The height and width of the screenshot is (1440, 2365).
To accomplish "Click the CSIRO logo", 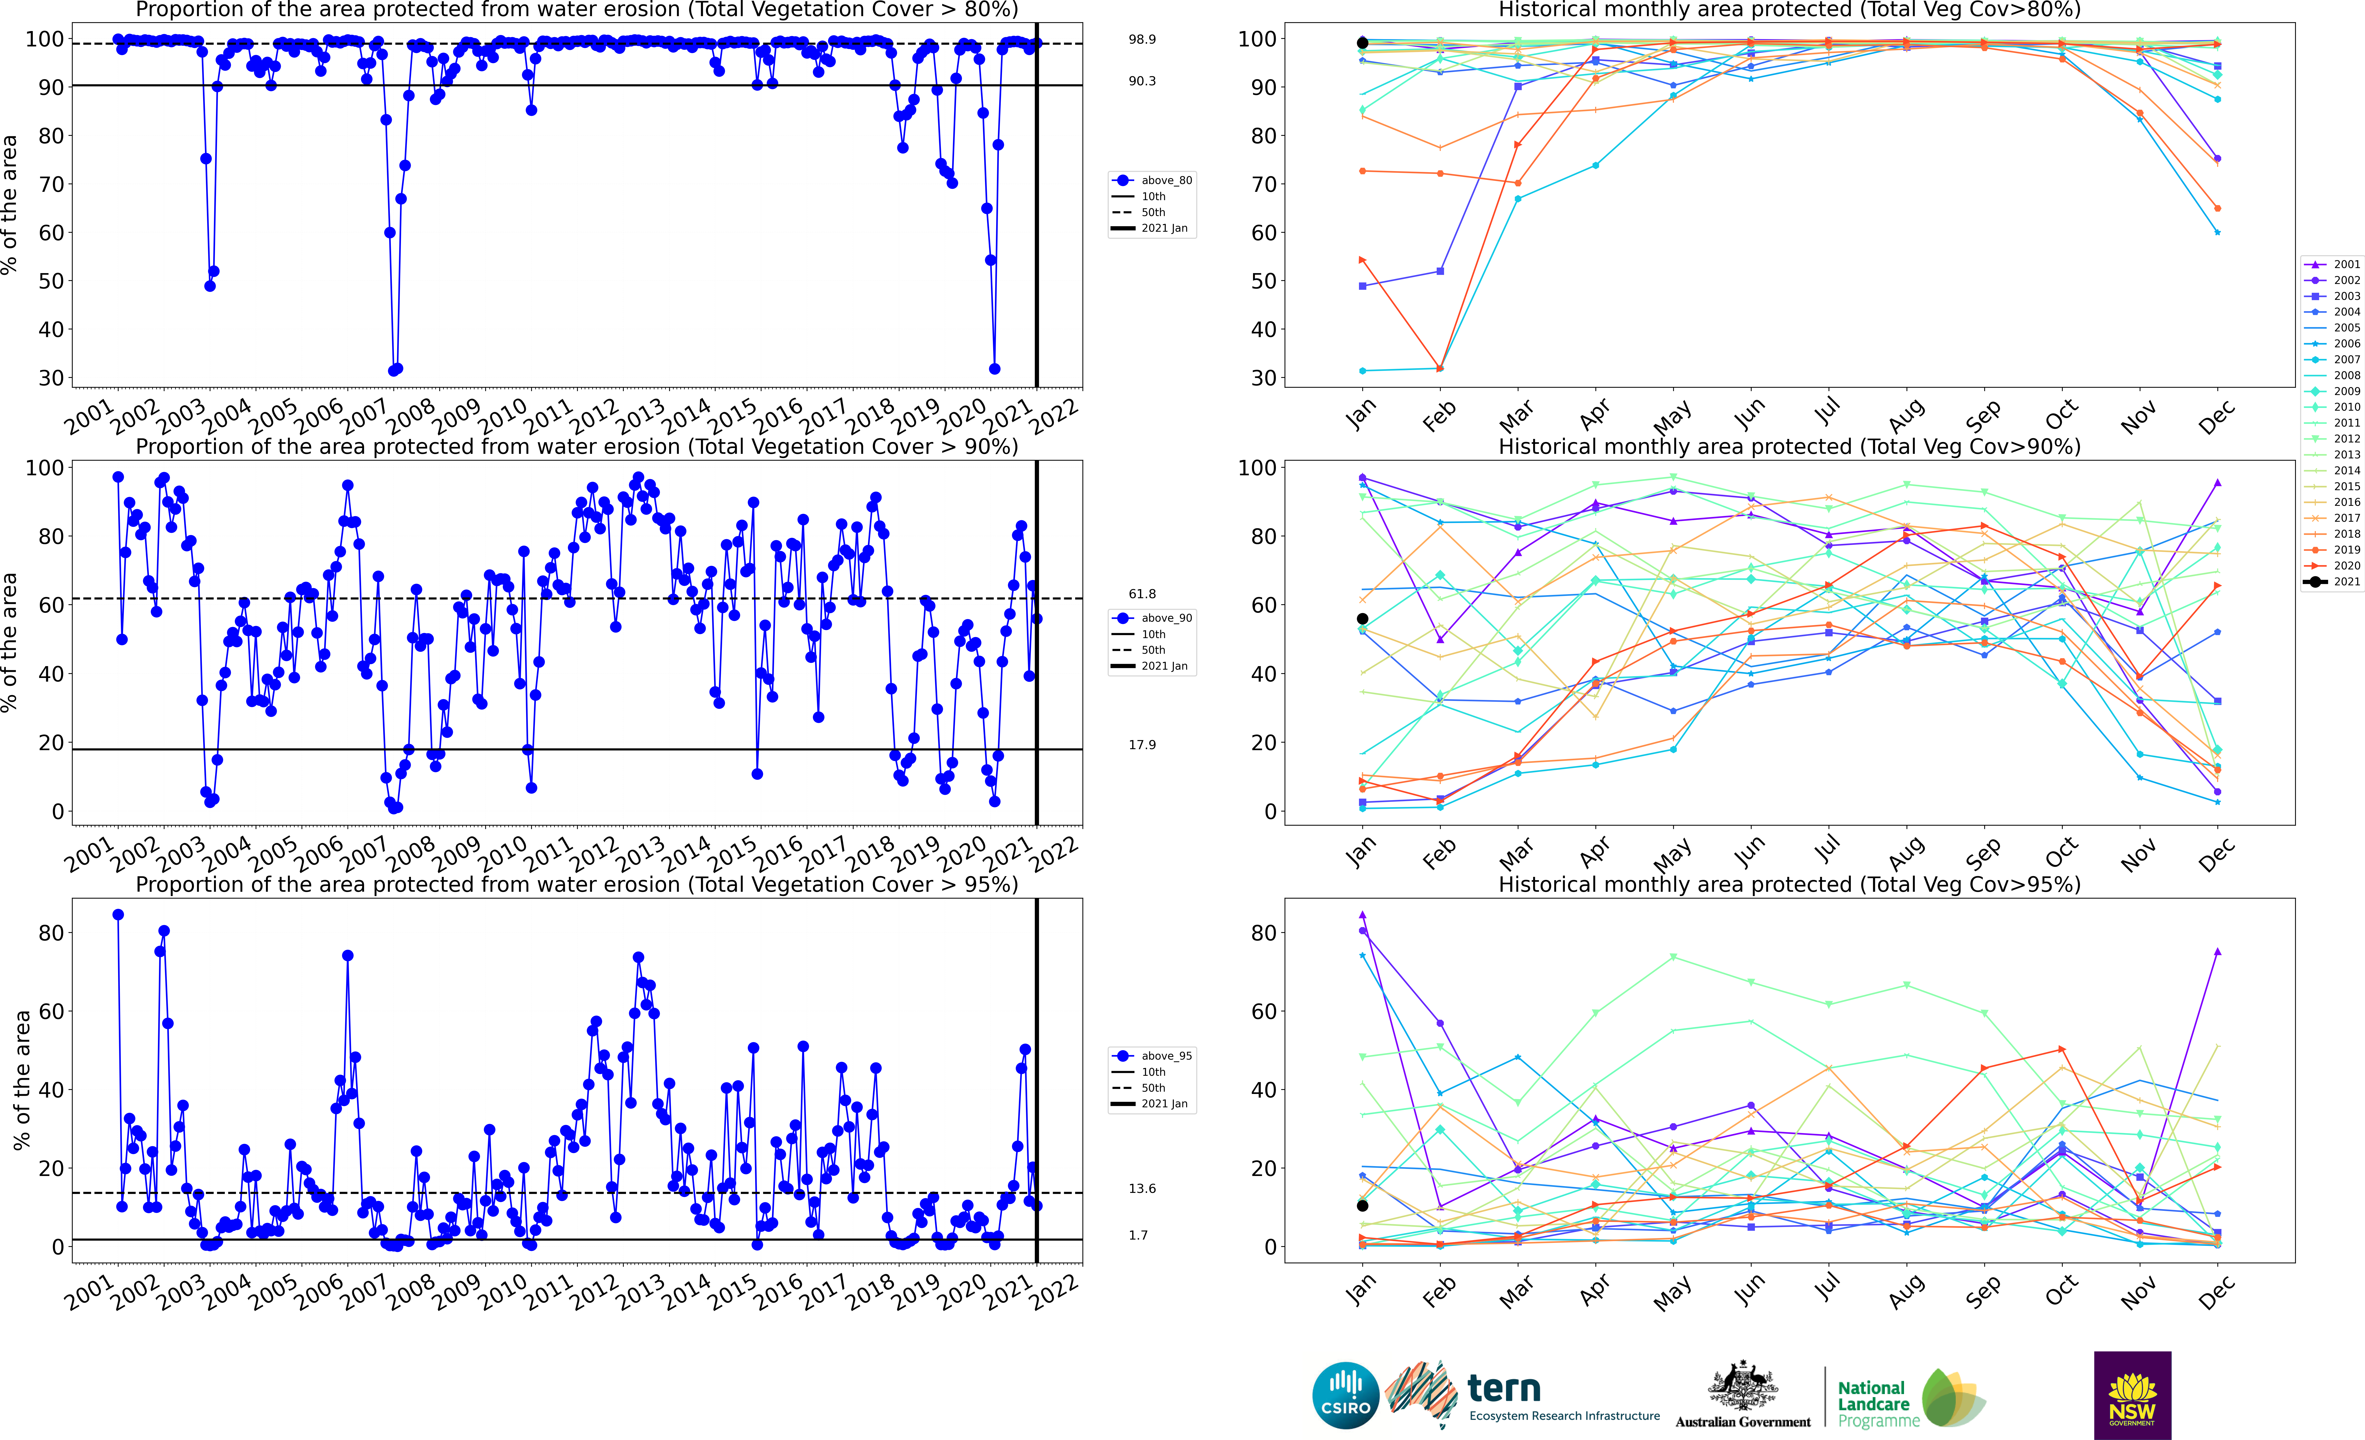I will click(x=1346, y=1395).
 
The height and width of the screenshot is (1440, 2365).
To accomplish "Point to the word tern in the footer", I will click(x=1504, y=1388).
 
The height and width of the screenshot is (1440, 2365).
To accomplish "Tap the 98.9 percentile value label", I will click(x=1142, y=39).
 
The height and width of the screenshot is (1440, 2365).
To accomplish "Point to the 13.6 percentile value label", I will click(x=1142, y=1189).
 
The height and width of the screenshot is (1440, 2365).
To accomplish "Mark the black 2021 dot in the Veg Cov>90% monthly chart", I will click(x=1362, y=619).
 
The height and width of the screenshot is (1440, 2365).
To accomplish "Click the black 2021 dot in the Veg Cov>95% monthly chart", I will click(x=1362, y=1206).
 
